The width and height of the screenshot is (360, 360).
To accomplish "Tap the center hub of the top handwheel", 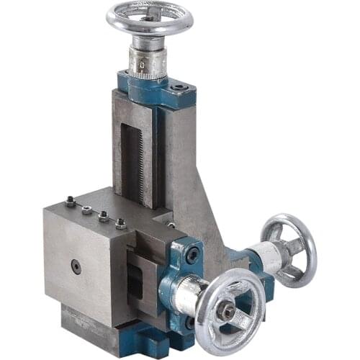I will (x=150, y=14).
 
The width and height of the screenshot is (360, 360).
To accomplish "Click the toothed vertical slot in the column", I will (x=131, y=155).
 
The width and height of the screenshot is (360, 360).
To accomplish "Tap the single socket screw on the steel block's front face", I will (x=76, y=266).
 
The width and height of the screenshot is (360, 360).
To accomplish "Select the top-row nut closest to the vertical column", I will (x=121, y=224).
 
